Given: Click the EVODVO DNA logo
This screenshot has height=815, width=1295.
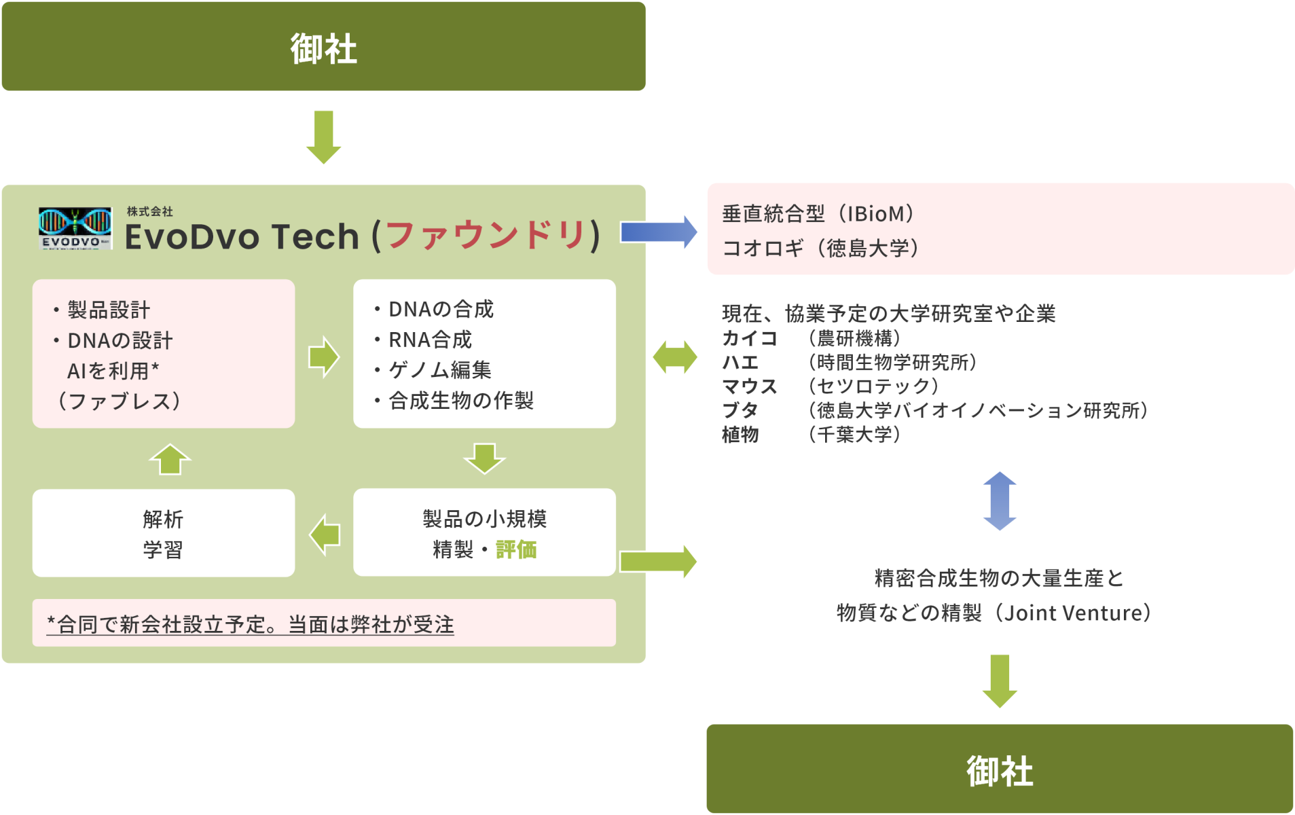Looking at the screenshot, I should click(75, 228).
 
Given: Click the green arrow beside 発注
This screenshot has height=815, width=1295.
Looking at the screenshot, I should click(324, 137).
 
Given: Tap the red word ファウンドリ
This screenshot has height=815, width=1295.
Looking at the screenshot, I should click(486, 236).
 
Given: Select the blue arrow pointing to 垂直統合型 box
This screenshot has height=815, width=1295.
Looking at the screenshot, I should click(659, 232).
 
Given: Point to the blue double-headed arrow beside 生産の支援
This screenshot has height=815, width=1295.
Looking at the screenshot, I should click(1000, 501).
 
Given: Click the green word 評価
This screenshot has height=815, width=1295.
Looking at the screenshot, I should click(516, 549).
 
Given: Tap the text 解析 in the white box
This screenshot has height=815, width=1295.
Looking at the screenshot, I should click(163, 520).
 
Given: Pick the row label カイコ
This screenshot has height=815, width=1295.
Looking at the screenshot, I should click(750, 338).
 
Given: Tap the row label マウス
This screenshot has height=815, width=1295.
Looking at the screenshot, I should click(750, 386).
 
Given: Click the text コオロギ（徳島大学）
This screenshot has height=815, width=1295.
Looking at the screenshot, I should click(820, 249).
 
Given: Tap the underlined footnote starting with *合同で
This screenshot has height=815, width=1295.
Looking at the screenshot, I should click(250, 624).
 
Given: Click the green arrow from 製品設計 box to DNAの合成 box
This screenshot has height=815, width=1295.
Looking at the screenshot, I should click(324, 357).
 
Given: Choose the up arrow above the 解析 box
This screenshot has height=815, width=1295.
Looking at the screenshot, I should click(170, 460).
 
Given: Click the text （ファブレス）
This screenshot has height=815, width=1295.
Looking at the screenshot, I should click(120, 401).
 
